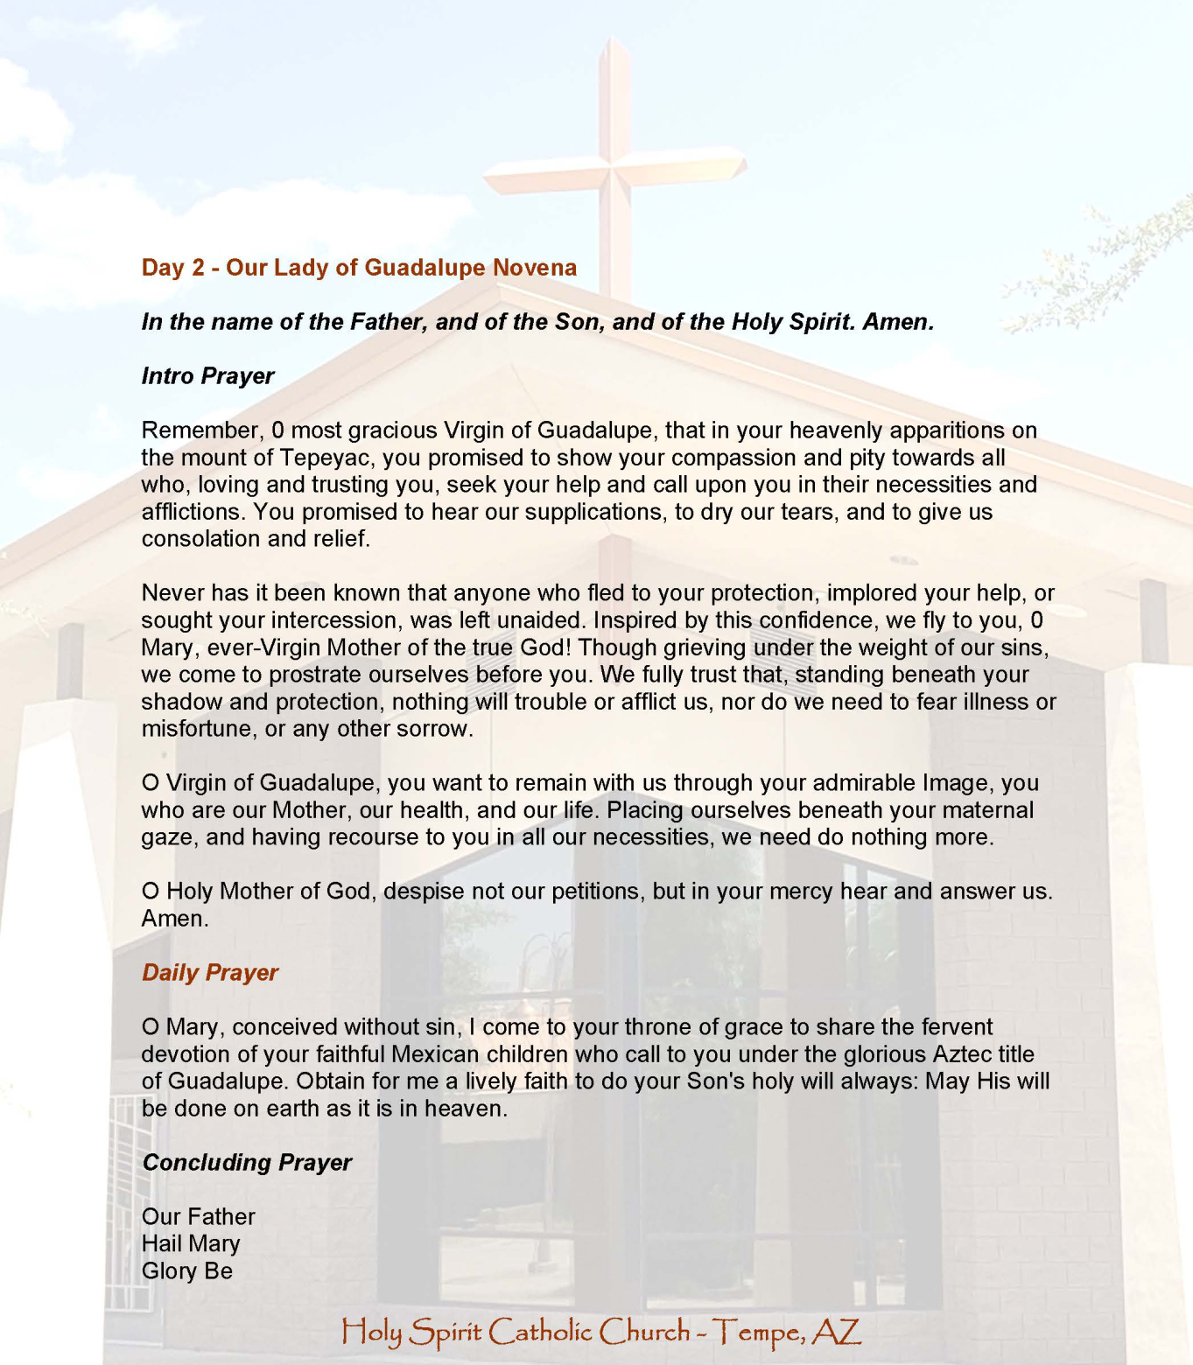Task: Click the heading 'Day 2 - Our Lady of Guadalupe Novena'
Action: (359, 268)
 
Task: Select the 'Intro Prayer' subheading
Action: (207, 376)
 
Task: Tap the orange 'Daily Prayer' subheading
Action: (210, 973)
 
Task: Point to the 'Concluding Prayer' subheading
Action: (247, 1163)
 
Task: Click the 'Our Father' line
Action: (199, 1217)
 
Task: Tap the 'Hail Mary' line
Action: (191, 1244)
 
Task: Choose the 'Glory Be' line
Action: (187, 1271)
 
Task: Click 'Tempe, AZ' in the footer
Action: (788, 1333)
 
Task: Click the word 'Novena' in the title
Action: (534, 268)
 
